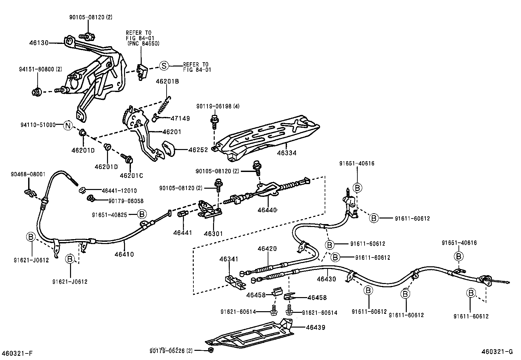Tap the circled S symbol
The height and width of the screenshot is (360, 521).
(x=164, y=66)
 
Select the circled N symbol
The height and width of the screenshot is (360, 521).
(x=67, y=125)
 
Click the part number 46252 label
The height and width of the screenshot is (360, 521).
(x=198, y=150)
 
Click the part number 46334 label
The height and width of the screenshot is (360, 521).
(x=287, y=153)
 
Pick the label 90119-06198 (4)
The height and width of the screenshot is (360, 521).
(x=218, y=106)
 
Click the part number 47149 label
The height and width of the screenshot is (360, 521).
(x=180, y=119)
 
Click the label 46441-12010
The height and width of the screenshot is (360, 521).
(x=119, y=191)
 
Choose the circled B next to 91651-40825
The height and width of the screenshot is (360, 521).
(x=142, y=215)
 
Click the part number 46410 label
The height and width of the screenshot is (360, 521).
(x=124, y=254)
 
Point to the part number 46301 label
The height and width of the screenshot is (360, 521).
(x=213, y=234)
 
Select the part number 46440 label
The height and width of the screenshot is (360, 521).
(x=267, y=210)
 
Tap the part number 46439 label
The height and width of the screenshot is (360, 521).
(x=315, y=327)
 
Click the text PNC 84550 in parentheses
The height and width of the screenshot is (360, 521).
(x=143, y=44)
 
